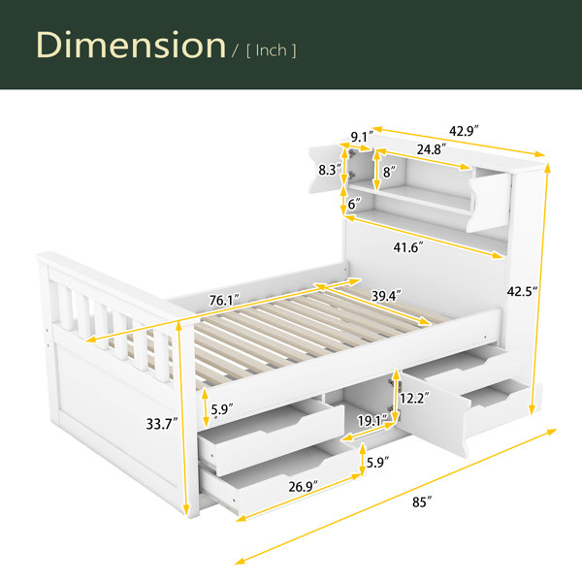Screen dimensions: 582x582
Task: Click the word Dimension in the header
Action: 131,45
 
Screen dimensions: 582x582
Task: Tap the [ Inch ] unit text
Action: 272,50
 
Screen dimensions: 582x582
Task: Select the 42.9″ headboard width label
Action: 464,131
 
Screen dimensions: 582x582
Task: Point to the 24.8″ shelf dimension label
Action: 431,149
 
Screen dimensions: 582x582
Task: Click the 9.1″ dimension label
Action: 362,137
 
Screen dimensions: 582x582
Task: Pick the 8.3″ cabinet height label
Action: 330,170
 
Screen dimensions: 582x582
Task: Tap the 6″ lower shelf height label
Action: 354,204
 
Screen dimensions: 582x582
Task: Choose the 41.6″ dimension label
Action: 408,247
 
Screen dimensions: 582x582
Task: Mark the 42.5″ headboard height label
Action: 522,291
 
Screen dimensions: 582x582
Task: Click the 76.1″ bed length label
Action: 224,300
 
